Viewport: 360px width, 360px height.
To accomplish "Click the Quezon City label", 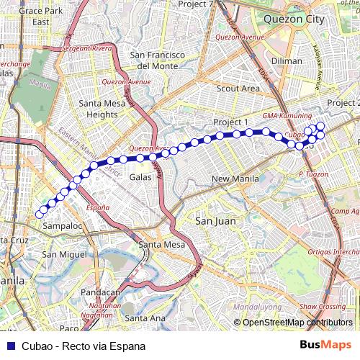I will click(294, 19).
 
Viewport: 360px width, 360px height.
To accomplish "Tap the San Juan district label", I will click(215, 221).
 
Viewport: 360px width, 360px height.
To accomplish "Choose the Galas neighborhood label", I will click(140, 176).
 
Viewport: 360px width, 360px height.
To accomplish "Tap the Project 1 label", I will click(230, 122).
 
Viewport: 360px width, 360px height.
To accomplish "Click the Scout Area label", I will click(238, 89).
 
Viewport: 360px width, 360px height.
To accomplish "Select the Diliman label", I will click(287, 61).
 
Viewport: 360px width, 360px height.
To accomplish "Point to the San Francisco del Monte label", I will click(158, 60).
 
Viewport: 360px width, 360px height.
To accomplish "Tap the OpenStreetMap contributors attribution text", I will click(297, 323).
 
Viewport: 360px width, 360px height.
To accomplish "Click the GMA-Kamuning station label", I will click(287, 116).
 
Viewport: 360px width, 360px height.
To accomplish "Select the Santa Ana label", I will click(144, 318).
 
